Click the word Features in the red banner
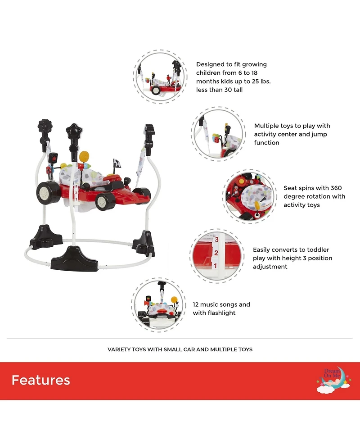pos(40,380)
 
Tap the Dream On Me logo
pos(333,380)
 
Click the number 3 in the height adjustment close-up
pos(216,240)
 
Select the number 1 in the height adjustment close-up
pos(215,265)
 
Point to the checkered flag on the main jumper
pos(117,163)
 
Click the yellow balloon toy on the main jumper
pos(84,156)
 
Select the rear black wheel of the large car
pos(48,193)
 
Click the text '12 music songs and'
pos(221,304)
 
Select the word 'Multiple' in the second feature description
pos(265,126)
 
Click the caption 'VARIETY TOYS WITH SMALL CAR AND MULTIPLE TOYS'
pos(180,349)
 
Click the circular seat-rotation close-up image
pos(249,196)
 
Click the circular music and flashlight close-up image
pos(158,305)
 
